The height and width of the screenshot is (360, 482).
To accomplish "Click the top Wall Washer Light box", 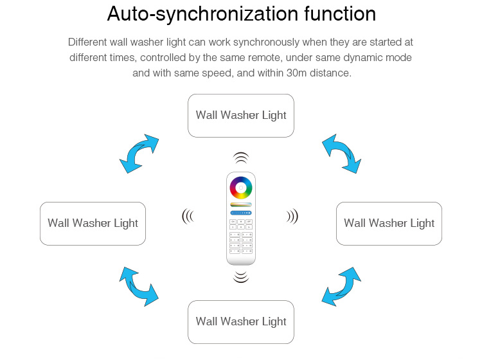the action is [241, 116].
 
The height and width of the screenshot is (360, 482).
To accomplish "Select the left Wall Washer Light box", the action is [93, 224].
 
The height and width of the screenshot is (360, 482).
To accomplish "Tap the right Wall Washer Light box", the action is [389, 224].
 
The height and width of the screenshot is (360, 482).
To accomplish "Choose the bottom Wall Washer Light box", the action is [241, 322].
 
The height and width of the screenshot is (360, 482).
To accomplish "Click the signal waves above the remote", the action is [241, 157].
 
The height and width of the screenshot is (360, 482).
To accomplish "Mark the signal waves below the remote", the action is [241, 276].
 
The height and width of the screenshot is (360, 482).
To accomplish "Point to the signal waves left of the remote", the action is [188, 217].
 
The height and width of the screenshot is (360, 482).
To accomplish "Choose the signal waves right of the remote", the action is [292, 217].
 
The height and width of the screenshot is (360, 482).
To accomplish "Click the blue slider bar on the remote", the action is [241, 213].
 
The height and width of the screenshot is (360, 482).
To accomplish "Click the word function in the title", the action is [340, 14].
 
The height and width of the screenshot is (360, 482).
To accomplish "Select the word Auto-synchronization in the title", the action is [203, 14].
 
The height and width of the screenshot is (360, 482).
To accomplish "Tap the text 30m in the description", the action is [296, 73].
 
